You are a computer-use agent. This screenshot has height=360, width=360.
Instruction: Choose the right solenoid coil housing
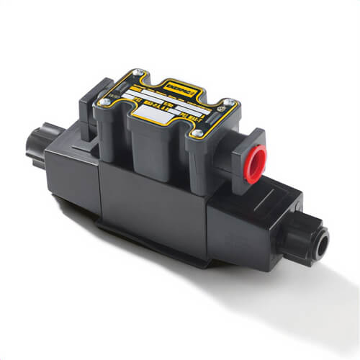(x=248, y=216)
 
